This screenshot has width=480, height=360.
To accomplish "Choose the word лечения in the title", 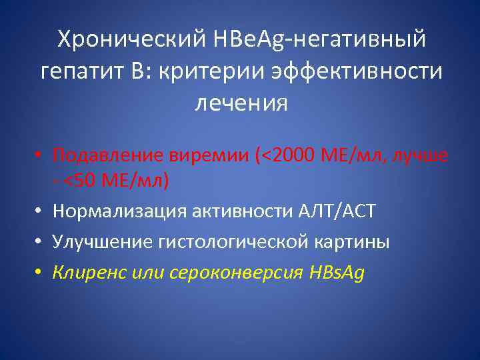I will [241, 103].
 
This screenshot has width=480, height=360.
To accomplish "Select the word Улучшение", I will [105, 242].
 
